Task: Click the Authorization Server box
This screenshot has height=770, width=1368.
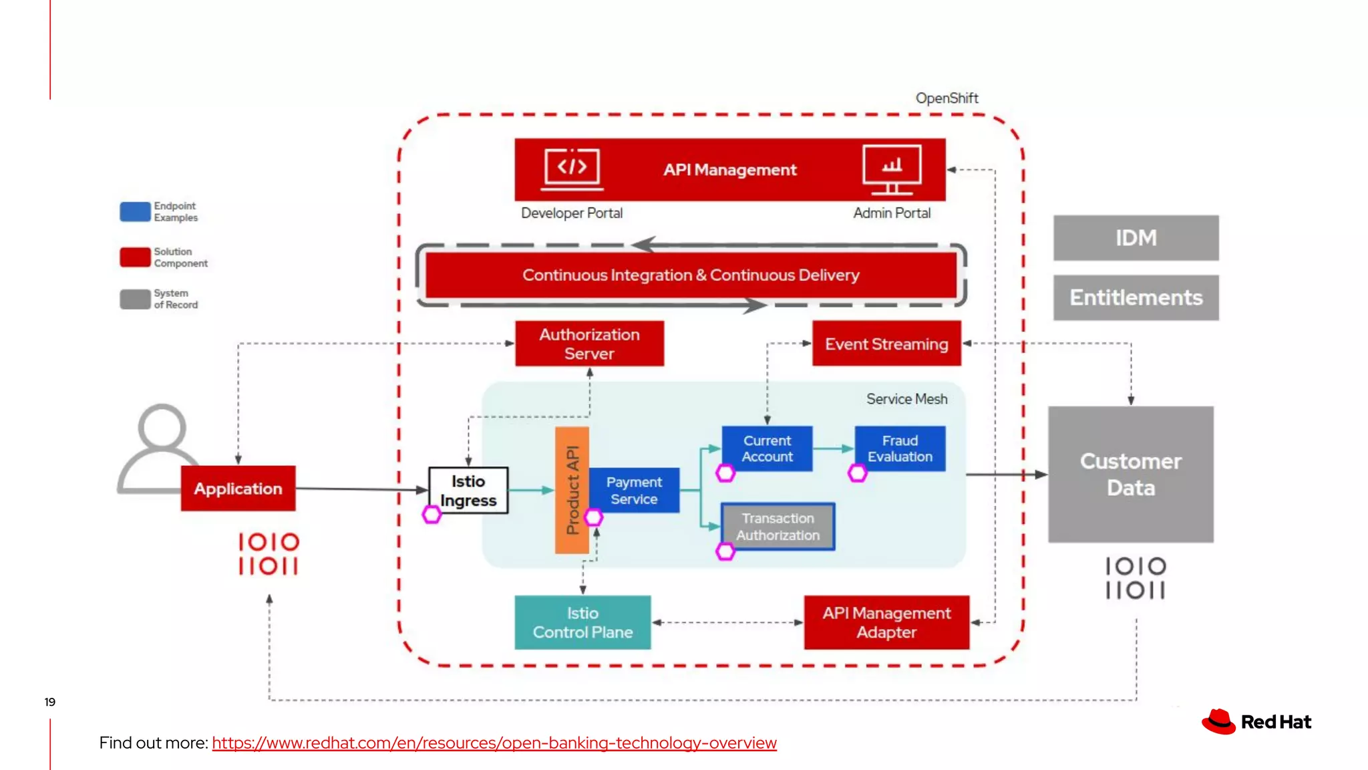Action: pyautogui.click(x=589, y=344)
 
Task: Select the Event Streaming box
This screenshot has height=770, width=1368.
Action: pyautogui.click(x=886, y=344)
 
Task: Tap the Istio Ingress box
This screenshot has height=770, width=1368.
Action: pyautogui.click(x=468, y=491)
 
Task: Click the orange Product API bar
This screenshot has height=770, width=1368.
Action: pyautogui.click(x=571, y=490)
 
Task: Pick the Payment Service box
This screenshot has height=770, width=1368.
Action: pyautogui.click(x=634, y=491)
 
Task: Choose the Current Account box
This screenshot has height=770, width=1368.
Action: pyautogui.click(x=767, y=448)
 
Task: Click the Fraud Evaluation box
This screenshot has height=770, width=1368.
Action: pyautogui.click(x=900, y=448)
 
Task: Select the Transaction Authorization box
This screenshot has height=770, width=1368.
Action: pyautogui.click(x=778, y=527)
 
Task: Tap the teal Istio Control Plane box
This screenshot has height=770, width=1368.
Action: pyautogui.click(x=582, y=622)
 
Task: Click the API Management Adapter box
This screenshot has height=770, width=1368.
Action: pyautogui.click(x=886, y=622)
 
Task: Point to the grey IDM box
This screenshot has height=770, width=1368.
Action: pyautogui.click(x=1136, y=238)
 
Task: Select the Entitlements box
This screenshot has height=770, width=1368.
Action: pyautogui.click(x=1136, y=297)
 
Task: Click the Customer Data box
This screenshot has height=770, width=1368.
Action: pyautogui.click(x=1130, y=475)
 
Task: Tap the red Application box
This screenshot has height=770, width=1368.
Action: pyautogui.click(x=238, y=489)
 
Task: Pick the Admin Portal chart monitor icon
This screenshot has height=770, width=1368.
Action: pyautogui.click(x=892, y=168)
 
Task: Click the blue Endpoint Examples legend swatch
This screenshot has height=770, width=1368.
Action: pyautogui.click(x=135, y=211)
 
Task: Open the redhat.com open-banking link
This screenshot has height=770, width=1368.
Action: pyautogui.click(x=494, y=743)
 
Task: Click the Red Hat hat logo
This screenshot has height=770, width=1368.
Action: pyautogui.click(x=1218, y=722)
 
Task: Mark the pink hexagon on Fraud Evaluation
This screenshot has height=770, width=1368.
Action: pyautogui.click(x=858, y=473)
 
